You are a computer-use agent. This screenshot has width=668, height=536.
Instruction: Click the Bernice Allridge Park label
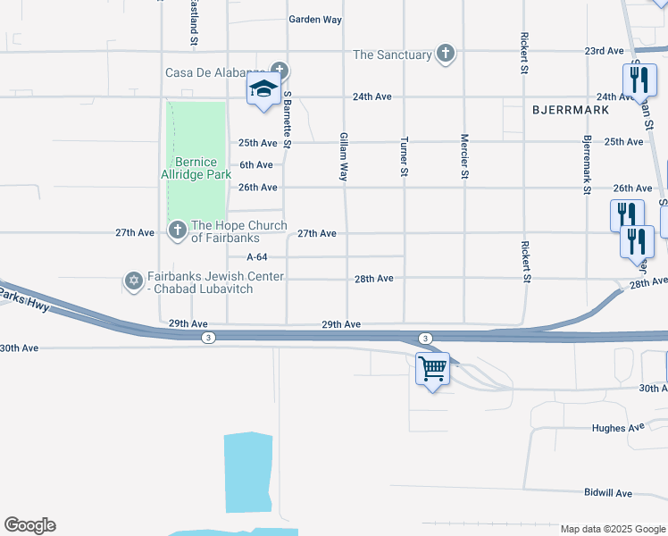click(196, 168)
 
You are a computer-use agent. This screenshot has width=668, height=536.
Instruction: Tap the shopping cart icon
click(432, 367)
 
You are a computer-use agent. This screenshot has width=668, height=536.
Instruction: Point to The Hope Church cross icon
click(177, 231)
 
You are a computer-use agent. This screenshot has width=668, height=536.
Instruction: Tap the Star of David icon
click(134, 281)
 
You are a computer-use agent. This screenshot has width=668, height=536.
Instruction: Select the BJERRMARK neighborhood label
click(570, 110)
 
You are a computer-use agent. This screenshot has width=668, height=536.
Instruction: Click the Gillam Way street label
click(344, 157)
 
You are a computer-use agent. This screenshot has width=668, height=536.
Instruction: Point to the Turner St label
click(405, 156)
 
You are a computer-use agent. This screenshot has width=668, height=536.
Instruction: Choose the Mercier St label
click(464, 156)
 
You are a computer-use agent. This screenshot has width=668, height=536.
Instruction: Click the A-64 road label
click(258, 256)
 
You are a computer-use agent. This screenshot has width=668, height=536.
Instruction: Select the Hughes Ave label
click(618, 428)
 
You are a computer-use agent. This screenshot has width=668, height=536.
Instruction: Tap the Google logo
click(29, 525)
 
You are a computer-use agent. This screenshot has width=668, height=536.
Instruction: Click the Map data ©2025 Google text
click(612, 529)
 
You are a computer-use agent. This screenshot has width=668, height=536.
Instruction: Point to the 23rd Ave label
click(604, 51)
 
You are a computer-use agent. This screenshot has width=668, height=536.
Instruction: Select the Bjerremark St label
click(587, 165)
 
